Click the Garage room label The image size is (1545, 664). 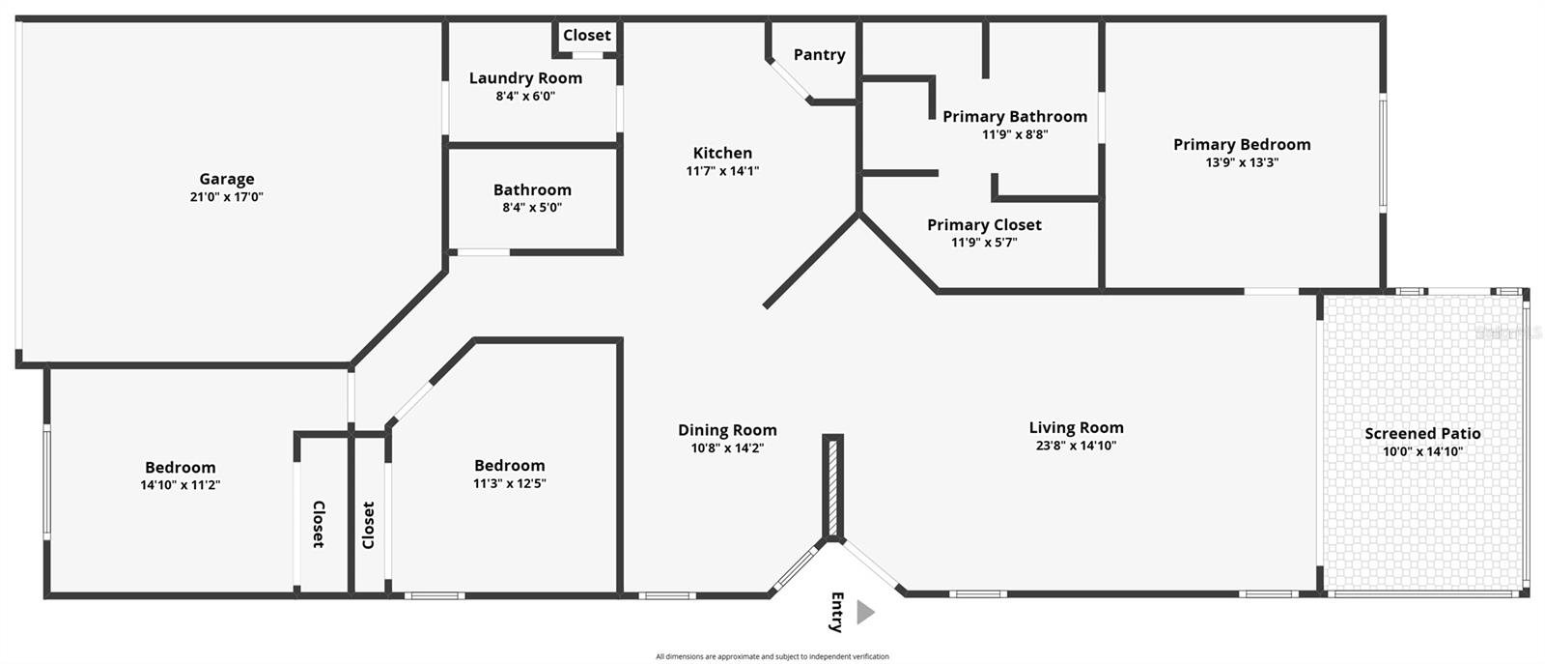(x=227, y=179)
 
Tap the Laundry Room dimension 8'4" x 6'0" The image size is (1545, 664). (x=525, y=97)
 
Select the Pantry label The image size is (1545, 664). (x=819, y=55)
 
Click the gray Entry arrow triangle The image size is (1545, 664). (x=865, y=612)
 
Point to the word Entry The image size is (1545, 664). (x=837, y=612)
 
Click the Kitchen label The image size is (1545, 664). (x=722, y=153)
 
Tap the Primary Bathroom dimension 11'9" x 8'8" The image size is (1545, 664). (x=1015, y=134)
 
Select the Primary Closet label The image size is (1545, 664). (x=984, y=225)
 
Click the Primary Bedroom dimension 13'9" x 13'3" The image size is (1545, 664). (x=1242, y=162)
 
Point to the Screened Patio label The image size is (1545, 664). (x=1422, y=434)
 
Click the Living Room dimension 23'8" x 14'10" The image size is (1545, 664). (x=1076, y=446)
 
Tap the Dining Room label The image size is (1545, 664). (x=727, y=431)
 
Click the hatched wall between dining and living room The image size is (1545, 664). (x=833, y=486)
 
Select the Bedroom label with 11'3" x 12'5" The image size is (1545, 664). (x=509, y=466)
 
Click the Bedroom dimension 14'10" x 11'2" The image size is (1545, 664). (x=181, y=485)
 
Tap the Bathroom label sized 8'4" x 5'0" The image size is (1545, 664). (x=532, y=190)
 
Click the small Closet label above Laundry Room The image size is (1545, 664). (x=587, y=36)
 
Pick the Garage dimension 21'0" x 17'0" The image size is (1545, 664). (x=227, y=197)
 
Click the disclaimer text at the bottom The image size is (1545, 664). (x=772, y=656)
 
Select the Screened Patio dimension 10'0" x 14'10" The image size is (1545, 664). (x=1422, y=451)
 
